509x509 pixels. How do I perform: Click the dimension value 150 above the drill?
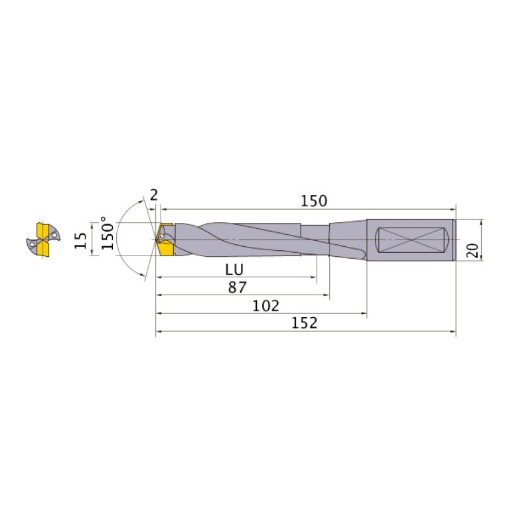314,201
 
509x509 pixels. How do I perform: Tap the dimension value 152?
304,323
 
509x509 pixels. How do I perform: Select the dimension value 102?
266,306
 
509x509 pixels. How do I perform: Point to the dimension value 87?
238,287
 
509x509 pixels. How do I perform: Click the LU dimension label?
234,269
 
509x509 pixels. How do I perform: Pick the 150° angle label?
108,233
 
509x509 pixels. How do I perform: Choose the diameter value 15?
80,240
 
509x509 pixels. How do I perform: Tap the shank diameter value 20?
473,250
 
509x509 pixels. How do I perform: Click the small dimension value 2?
154,194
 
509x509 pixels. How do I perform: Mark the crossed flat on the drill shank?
411,240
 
